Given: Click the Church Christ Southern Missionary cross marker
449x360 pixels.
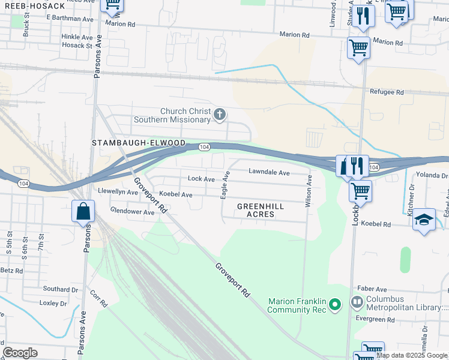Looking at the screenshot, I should (220, 114).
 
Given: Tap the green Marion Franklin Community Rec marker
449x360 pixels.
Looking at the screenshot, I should (336, 305).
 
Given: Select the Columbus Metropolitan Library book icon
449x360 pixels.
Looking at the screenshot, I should (357, 301).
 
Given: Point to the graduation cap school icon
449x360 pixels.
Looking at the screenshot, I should (424, 219).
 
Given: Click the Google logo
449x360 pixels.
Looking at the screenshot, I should (20, 353).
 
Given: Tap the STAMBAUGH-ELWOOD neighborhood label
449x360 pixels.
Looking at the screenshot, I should (139, 143).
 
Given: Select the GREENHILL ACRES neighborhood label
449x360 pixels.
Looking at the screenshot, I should (260, 210).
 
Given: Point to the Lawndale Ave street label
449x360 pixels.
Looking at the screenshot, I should (270, 172).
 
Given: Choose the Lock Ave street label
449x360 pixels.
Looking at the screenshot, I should (201, 179).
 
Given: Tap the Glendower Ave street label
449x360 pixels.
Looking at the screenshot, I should (132, 211).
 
